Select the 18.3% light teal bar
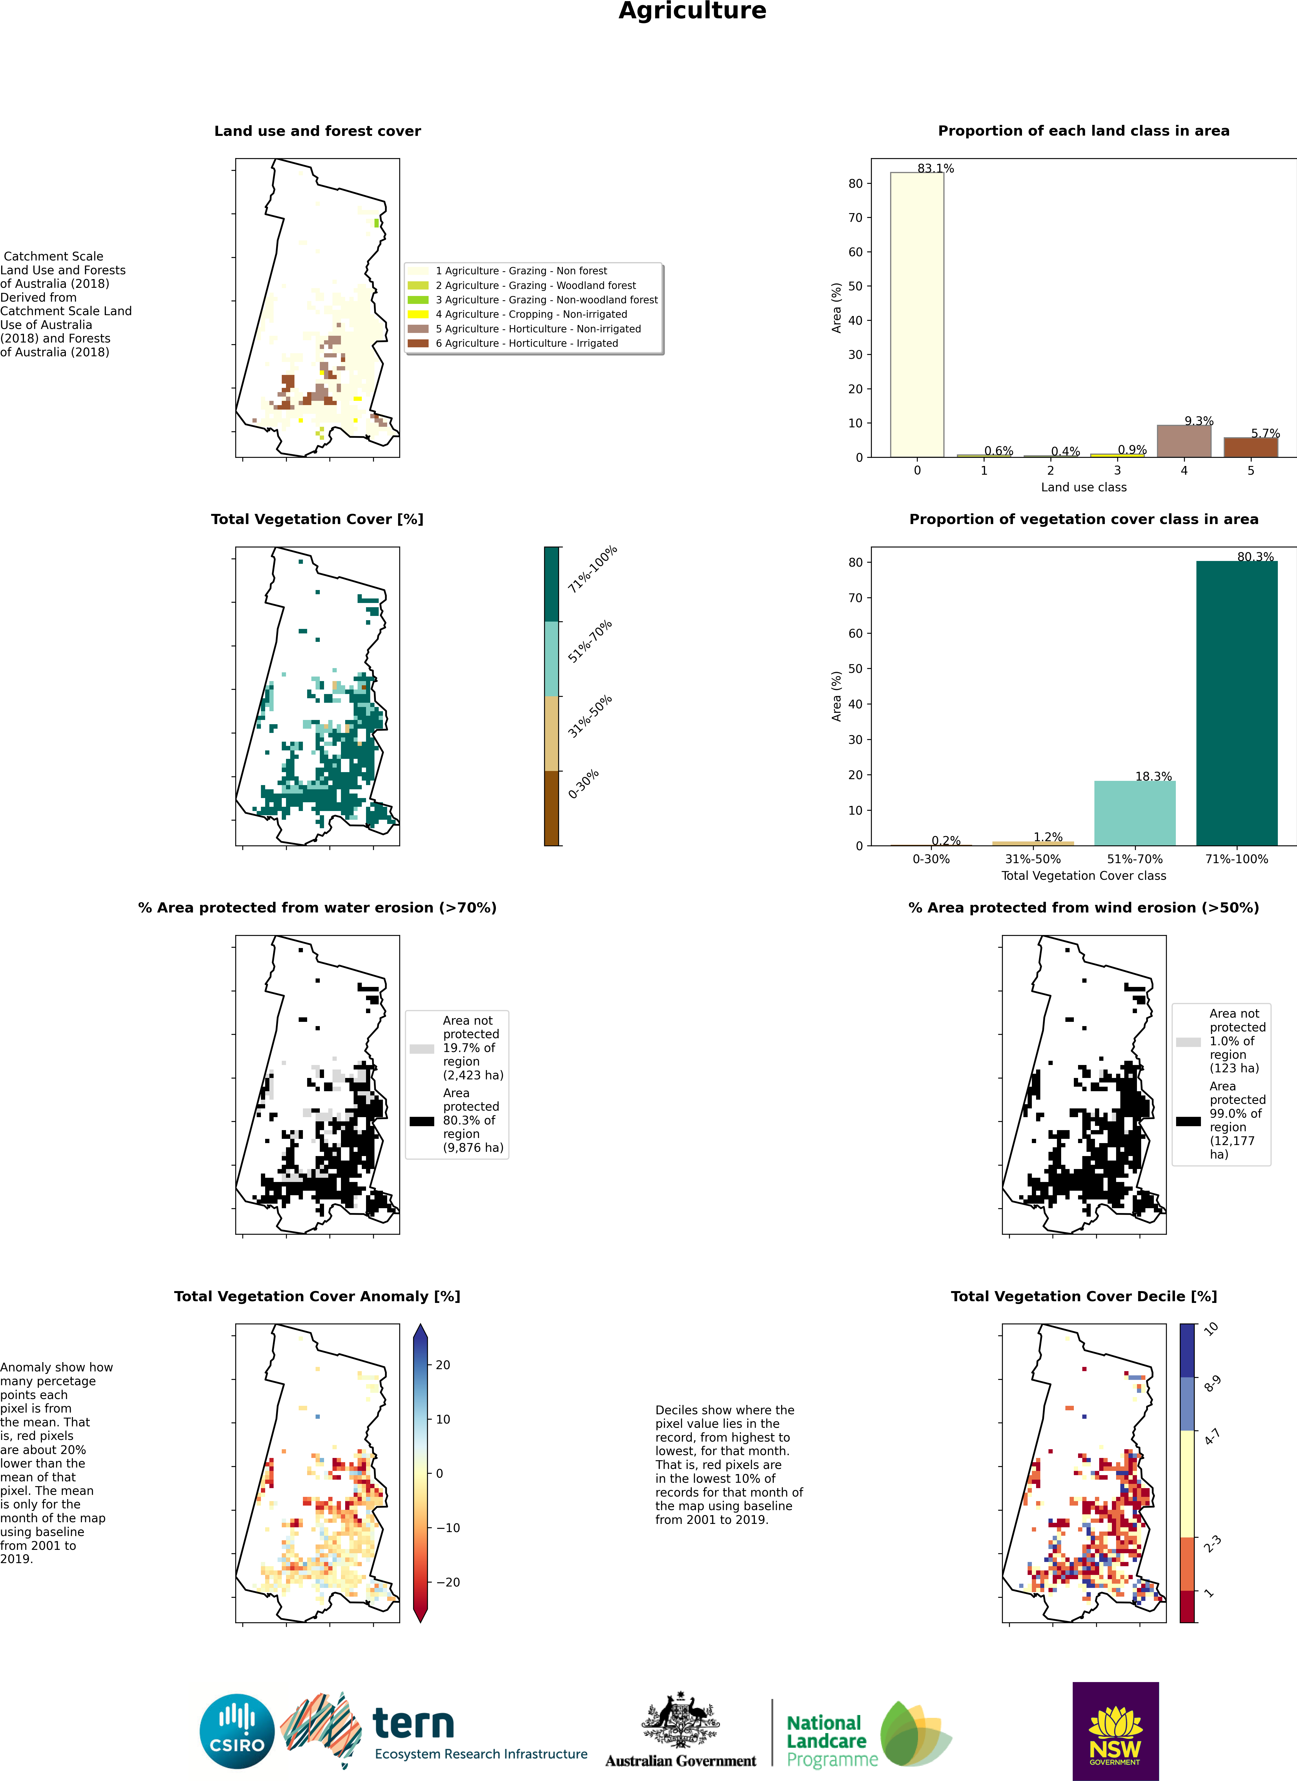[1134, 813]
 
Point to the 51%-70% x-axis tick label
[1134, 859]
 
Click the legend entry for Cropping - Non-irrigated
[531, 314]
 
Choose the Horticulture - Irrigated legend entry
[526, 343]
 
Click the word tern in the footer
[413, 1724]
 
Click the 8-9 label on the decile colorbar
[1212, 1384]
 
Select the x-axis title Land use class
[1083, 487]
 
